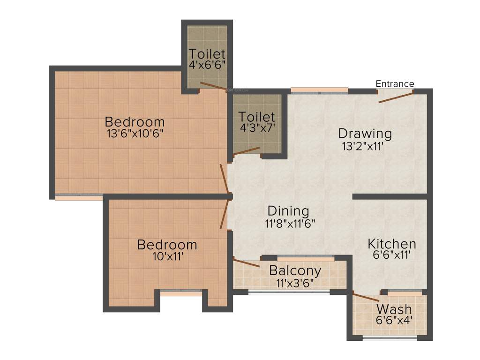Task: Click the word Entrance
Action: pyautogui.click(x=395, y=84)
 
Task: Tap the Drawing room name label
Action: pyautogui.click(x=365, y=134)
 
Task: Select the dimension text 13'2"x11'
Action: pyautogui.click(x=364, y=146)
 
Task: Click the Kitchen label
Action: pyautogui.click(x=392, y=244)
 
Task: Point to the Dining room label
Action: pyautogui.click(x=288, y=211)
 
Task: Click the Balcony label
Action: pyautogui.click(x=295, y=270)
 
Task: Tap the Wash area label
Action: pyautogui.click(x=394, y=309)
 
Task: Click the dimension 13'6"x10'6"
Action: pyautogui.click(x=135, y=133)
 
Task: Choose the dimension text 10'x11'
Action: pyautogui.click(x=167, y=256)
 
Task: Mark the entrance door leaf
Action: pyautogui.click(x=396, y=97)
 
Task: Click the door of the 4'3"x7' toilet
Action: pyautogui.click(x=247, y=151)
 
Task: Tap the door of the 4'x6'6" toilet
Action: pyautogui.click(x=213, y=86)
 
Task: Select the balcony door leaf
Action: pyautogui.click(x=247, y=263)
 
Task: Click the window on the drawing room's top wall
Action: pyautogui.click(x=319, y=90)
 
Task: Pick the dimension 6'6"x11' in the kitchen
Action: pyautogui.click(x=391, y=255)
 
